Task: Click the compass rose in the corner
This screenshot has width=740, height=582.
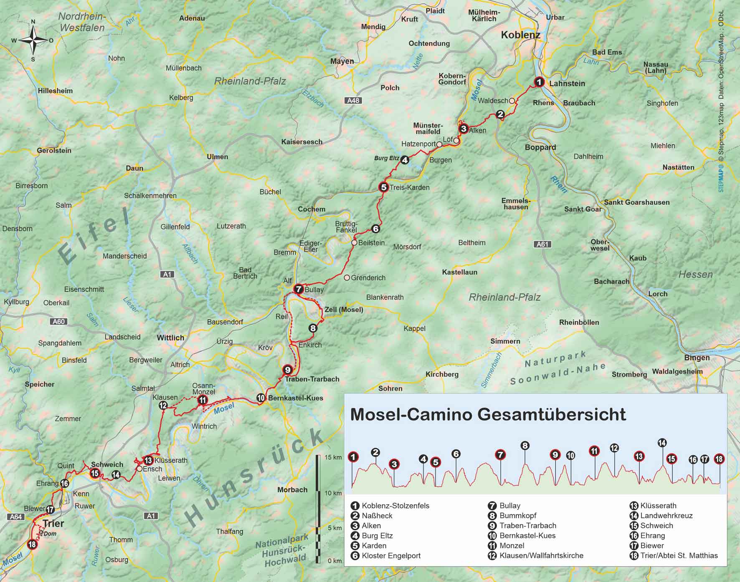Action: [x=33, y=40]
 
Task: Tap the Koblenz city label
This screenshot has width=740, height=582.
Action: [x=520, y=35]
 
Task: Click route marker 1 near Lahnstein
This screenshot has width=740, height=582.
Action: [x=539, y=82]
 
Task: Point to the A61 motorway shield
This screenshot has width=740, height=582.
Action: [x=542, y=244]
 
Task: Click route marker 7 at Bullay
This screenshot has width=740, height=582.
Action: [x=298, y=289]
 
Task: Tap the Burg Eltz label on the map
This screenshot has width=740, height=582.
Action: [x=386, y=158]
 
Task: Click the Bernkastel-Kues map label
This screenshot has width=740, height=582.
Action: [x=295, y=398]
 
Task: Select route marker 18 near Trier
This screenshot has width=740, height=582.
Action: [x=32, y=544]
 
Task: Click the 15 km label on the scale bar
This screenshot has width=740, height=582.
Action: [x=333, y=457]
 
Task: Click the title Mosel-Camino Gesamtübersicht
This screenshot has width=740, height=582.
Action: [x=488, y=415]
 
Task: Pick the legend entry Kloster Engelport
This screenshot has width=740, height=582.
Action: [x=391, y=556]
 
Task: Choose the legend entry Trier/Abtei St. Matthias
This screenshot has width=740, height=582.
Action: [x=679, y=556]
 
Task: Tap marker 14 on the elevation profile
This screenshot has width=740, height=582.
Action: [x=662, y=443]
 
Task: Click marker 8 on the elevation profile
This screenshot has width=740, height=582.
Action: [x=525, y=446]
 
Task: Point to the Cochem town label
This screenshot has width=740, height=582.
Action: [x=311, y=209]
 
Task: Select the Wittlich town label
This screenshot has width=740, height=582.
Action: [x=170, y=338]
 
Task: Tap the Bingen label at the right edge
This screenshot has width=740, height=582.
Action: [x=697, y=358]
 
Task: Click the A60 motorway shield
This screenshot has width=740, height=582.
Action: [x=58, y=322]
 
